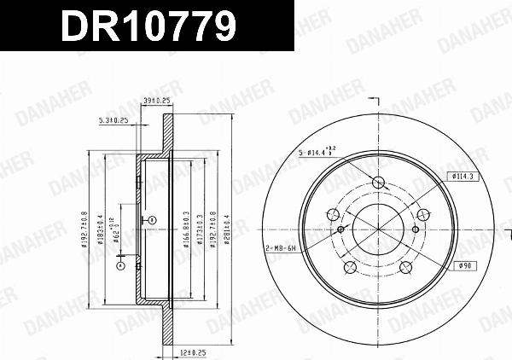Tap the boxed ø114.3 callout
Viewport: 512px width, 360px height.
click(463, 175)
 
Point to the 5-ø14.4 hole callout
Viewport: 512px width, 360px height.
click(316, 153)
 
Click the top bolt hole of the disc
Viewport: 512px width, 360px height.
click(377, 181)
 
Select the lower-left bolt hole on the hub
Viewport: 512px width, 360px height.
click(349, 267)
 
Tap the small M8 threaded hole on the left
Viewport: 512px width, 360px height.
click(340, 229)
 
